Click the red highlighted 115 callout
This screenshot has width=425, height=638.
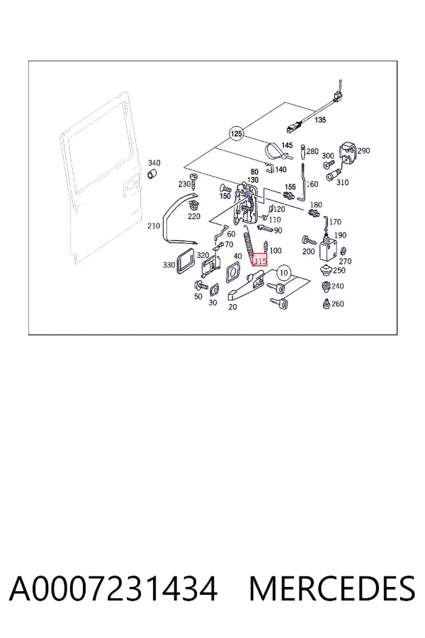[259, 260]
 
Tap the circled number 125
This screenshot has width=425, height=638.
[236, 133]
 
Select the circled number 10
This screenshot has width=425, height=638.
[284, 273]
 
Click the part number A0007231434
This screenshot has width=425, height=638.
[113, 589]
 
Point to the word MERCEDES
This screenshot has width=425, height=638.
[332, 589]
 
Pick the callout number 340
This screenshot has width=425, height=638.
[154, 163]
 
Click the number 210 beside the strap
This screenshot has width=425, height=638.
[153, 225]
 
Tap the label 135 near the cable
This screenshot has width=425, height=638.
[320, 120]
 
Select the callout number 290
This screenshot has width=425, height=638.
[363, 150]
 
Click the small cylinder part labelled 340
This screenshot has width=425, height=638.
[153, 175]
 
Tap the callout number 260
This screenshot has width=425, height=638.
[338, 303]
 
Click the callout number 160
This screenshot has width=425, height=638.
[312, 184]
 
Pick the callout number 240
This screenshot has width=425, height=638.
[338, 286]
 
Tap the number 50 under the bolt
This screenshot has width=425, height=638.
[198, 296]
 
